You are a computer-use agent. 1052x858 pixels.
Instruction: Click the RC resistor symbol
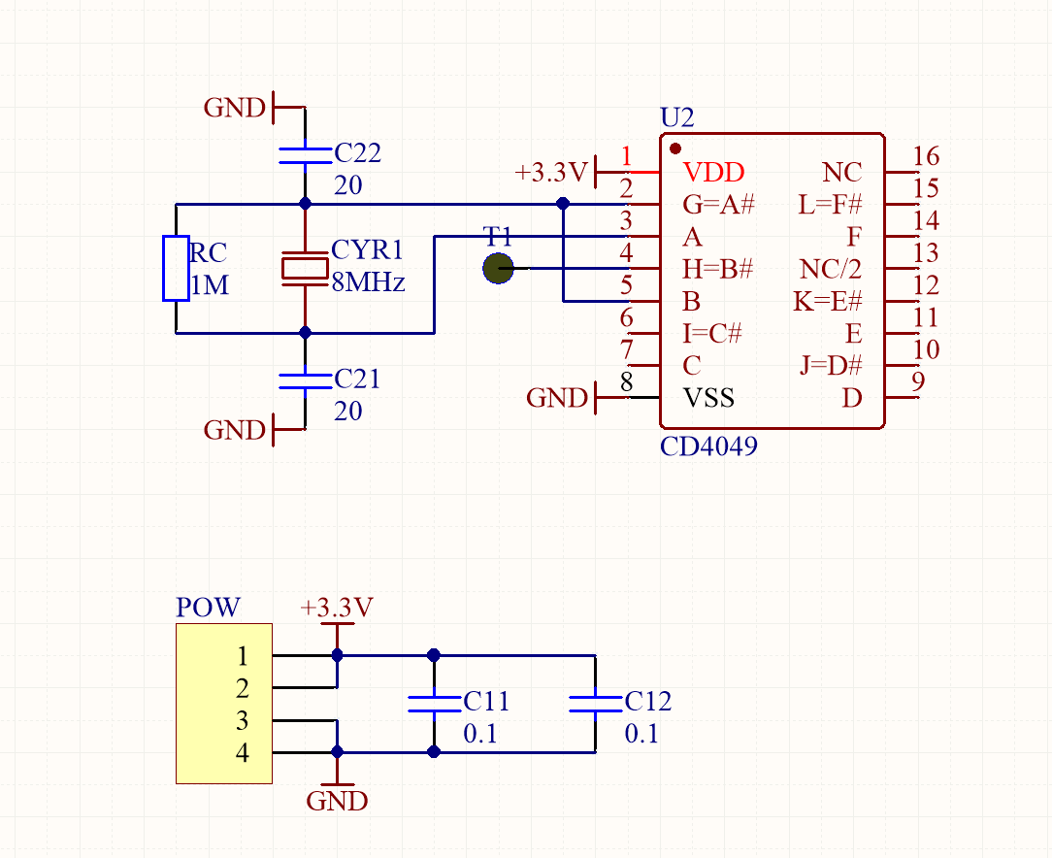click(176, 268)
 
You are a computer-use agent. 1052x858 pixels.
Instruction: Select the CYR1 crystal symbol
click(306, 268)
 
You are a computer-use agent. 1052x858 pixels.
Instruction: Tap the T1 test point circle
click(499, 268)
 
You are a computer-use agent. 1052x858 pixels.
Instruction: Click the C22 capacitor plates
click(306, 155)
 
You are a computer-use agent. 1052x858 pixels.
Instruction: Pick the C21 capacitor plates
click(306, 381)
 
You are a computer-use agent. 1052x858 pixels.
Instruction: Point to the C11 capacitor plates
click(434, 704)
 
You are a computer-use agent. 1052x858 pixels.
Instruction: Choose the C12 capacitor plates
click(595, 704)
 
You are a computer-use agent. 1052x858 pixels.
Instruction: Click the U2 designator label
click(677, 117)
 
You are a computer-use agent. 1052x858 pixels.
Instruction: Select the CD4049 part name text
click(708, 446)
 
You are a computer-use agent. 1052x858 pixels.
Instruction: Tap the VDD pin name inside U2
click(713, 173)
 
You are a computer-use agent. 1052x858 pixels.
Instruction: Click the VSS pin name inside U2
click(708, 398)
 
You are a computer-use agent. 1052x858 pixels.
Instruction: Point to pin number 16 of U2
click(926, 156)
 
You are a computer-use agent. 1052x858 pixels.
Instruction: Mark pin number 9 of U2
click(918, 381)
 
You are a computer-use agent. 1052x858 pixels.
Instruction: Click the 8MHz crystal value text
click(369, 282)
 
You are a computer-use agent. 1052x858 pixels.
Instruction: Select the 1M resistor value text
click(210, 285)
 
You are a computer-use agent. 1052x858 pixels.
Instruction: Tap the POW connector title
click(208, 608)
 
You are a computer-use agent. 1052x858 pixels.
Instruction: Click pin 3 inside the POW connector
click(243, 720)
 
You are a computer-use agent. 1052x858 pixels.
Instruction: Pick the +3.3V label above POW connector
click(336, 608)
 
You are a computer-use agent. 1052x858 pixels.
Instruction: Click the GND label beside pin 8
click(557, 398)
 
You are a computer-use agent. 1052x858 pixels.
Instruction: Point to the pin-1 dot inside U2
click(675, 148)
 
